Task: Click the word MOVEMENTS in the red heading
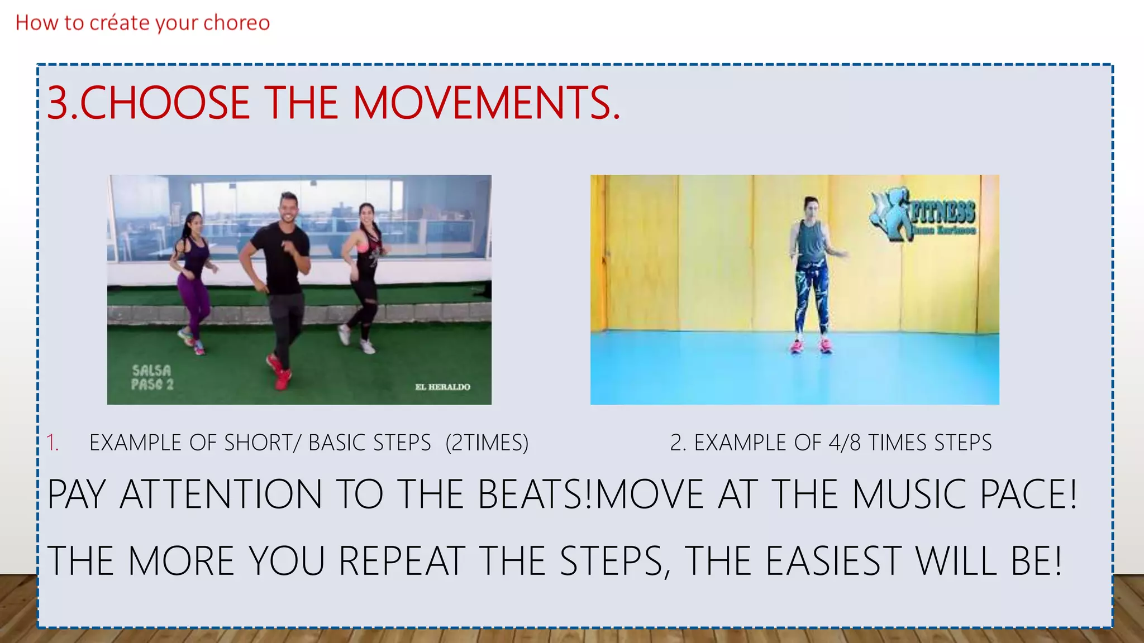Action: tap(486, 103)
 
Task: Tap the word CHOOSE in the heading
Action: tap(165, 103)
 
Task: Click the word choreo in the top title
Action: tap(236, 23)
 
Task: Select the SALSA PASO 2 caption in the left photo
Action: tap(152, 377)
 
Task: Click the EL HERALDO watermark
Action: tap(442, 387)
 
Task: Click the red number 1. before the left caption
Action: tap(53, 443)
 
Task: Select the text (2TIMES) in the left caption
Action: tap(487, 443)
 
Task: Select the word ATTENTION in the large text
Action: tap(221, 495)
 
